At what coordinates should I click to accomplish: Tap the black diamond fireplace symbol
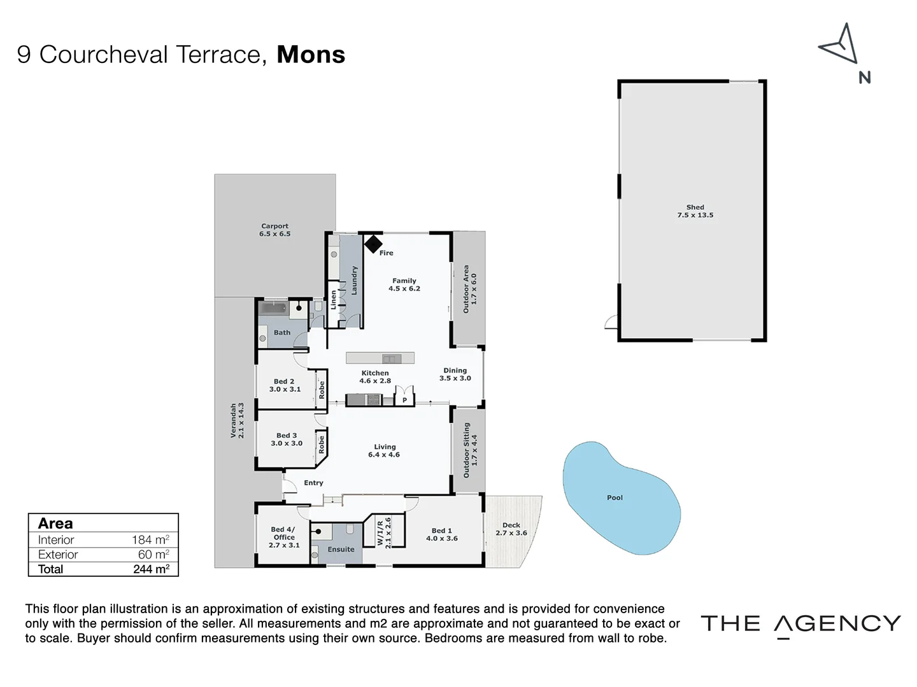[373, 244]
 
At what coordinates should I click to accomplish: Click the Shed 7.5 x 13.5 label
[695, 211]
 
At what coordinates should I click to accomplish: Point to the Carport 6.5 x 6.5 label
[274, 230]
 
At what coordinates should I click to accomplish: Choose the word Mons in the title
[311, 55]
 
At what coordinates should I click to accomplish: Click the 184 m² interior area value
[150, 539]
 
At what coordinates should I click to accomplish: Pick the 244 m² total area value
[151, 569]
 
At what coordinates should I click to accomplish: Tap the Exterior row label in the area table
[58, 555]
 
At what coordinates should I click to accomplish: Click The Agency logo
[800, 624]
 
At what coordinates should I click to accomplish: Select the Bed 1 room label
[441, 534]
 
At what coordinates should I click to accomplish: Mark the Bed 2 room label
[284, 385]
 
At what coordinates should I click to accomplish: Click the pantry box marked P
[404, 399]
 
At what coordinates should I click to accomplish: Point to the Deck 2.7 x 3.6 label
[511, 529]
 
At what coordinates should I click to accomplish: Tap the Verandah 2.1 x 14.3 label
[237, 420]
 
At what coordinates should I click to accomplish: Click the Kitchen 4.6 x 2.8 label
[375, 377]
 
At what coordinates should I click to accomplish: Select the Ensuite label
[341, 549]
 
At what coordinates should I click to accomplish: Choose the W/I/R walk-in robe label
[384, 532]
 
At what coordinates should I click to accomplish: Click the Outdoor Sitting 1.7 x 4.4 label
[469, 450]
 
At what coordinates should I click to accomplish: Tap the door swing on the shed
[612, 322]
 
